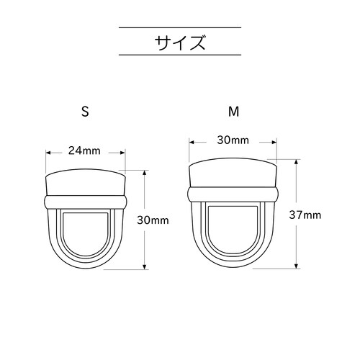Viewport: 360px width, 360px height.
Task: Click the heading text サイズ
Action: coord(179,41)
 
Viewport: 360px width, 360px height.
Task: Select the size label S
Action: coord(85,112)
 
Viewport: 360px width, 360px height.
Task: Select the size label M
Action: coord(233,112)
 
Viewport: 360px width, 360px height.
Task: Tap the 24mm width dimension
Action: coord(84,151)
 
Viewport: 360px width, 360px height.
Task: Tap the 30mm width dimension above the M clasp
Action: coord(233,140)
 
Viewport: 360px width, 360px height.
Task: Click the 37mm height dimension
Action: coord(305,215)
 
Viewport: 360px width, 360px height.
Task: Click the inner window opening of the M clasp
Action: coord(233,230)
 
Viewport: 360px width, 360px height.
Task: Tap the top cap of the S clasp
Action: coord(85,183)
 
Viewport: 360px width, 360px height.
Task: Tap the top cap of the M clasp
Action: coord(233,175)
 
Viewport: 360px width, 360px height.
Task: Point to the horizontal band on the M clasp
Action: coord(233,194)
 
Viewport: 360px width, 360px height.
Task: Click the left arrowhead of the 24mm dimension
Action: coord(48,152)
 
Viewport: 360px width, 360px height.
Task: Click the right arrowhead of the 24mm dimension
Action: coord(122,152)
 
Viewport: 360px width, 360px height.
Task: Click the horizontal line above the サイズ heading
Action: coord(179,27)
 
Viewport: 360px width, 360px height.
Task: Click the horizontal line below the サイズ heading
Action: coord(179,55)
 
